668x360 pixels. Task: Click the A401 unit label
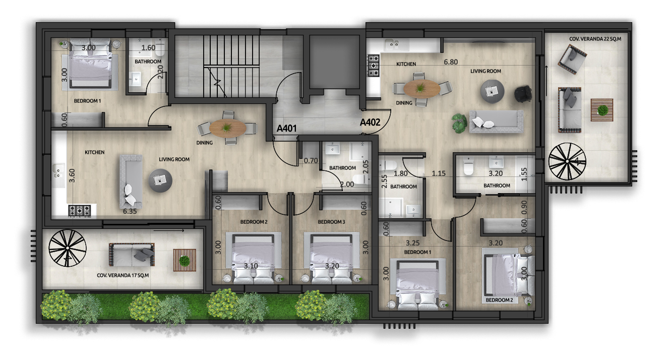[x=286, y=129]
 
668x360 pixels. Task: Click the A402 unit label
[x=370, y=123]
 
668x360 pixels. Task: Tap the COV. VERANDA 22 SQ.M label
[x=595, y=39]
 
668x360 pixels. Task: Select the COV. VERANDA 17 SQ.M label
[x=123, y=275]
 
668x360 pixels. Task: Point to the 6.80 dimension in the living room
[x=451, y=62]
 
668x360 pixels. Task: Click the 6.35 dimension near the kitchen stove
[x=130, y=211]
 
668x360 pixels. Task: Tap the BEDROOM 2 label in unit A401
[x=254, y=222]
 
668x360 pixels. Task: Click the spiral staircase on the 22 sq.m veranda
[x=567, y=161]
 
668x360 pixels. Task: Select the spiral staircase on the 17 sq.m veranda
[x=68, y=248]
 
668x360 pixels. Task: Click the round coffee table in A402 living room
[x=493, y=91]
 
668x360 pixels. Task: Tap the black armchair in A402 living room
[x=523, y=94]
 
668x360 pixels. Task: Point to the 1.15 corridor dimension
[x=439, y=173]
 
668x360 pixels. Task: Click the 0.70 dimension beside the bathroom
[x=311, y=161]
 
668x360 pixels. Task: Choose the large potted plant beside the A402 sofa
[x=459, y=123]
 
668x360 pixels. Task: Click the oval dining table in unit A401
[x=227, y=128]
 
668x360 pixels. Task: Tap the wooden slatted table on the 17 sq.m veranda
[x=185, y=260]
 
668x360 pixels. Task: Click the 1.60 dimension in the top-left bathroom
[x=148, y=48]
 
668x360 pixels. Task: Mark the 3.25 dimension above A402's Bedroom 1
[x=412, y=243]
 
